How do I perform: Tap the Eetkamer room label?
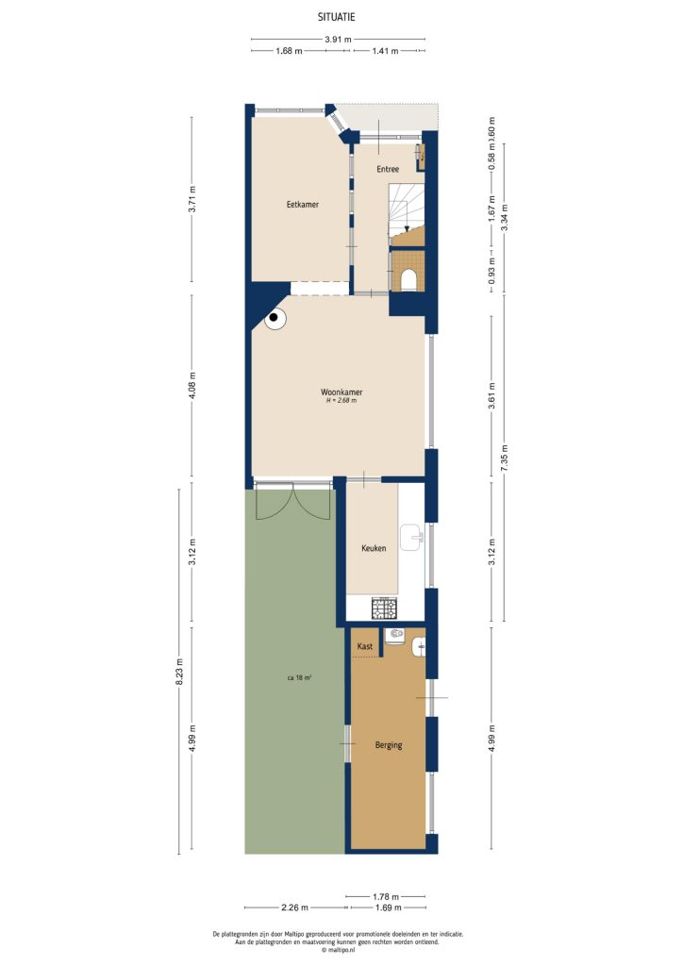(301, 204)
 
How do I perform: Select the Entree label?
(388, 170)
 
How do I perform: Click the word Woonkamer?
(341, 391)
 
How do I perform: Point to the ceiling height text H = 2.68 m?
(341, 401)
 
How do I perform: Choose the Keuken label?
(374, 548)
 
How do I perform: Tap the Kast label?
(365, 647)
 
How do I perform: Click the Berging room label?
(388, 745)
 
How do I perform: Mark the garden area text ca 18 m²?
(300, 678)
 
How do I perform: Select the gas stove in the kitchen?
(385, 607)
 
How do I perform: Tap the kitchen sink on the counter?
(412, 538)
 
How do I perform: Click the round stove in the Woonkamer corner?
(275, 319)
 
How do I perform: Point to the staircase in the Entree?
(406, 212)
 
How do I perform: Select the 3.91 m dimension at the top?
(338, 40)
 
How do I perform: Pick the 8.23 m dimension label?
(179, 670)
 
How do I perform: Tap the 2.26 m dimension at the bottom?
(294, 908)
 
